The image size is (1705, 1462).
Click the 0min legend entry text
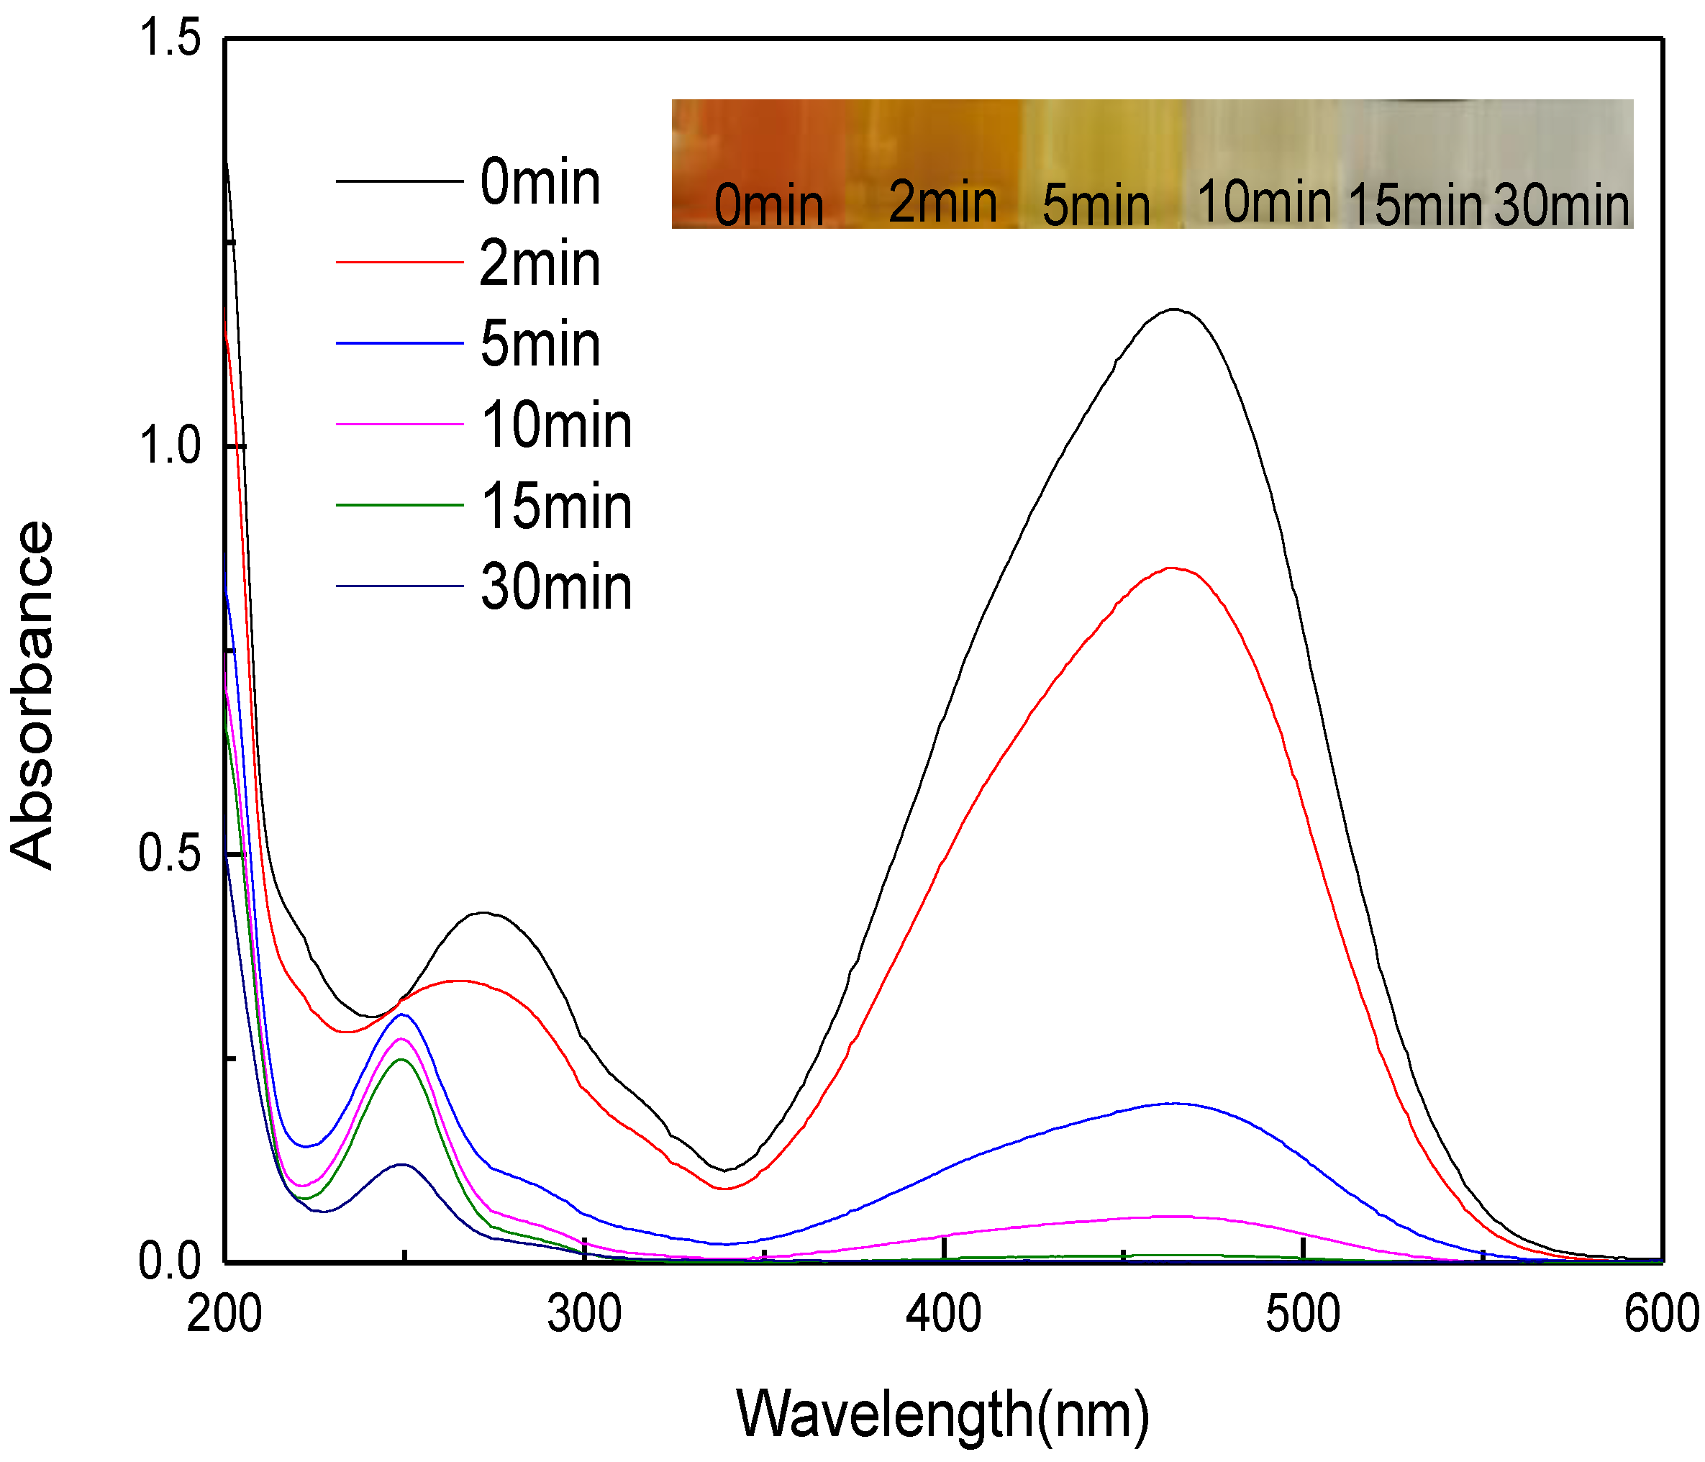click(539, 183)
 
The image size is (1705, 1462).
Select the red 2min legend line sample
click(400, 263)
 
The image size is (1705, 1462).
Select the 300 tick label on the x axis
click(584, 1315)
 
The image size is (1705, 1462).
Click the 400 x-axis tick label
click(943, 1315)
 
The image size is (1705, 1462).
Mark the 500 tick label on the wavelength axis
click(1303, 1315)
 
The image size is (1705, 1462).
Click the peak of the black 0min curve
click(1173, 309)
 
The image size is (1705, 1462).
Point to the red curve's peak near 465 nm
click(1171, 568)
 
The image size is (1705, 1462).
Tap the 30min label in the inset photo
click(1561, 206)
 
